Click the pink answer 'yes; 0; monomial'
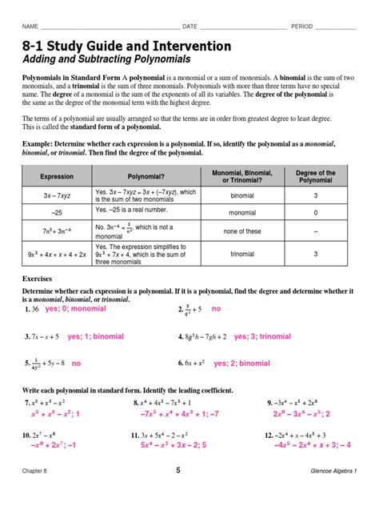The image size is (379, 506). (75, 308)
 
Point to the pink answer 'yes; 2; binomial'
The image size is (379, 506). (241, 363)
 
